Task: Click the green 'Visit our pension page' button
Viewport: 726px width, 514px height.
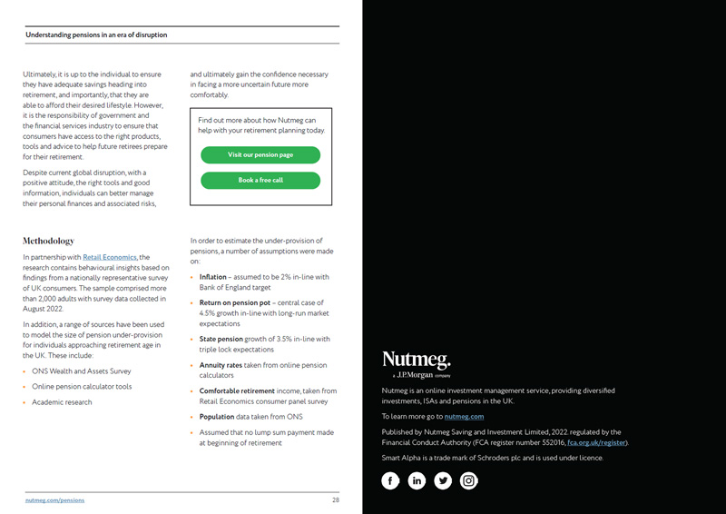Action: point(260,154)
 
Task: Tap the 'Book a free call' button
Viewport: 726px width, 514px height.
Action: point(260,180)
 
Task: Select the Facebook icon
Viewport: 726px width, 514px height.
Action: point(390,480)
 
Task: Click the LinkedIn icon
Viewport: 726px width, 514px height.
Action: point(417,480)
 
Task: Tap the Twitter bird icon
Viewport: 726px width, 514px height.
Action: point(443,480)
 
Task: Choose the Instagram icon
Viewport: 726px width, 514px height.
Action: point(468,480)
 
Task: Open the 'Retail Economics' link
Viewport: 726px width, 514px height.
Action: point(110,258)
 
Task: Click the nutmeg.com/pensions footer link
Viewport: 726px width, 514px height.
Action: point(54,500)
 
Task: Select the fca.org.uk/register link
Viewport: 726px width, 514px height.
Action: point(596,442)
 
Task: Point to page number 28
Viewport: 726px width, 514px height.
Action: point(335,500)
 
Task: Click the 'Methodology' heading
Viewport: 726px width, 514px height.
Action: point(48,242)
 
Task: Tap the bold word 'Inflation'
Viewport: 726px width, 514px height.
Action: point(213,277)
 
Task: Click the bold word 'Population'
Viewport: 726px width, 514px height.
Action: point(217,417)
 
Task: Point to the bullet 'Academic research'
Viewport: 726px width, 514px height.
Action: point(62,402)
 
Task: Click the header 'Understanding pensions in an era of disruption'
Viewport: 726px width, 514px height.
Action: point(96,35)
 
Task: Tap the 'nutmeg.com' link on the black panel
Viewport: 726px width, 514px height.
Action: point(464,416)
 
